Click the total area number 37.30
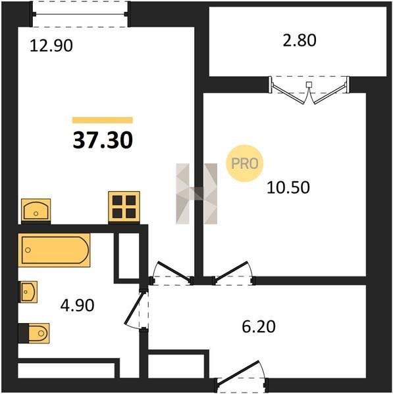point(103,141)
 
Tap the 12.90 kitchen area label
point(51,46)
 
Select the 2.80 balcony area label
point(300,41)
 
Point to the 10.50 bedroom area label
point(288,187)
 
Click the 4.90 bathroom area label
point(77,305)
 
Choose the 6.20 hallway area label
point(259,326)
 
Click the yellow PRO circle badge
point(245,164)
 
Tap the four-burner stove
point(124,207)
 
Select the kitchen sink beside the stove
point(36,211)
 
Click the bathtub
point(54,250)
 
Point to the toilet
point(34,333)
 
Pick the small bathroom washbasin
point(28,292)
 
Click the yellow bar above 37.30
point(103,120)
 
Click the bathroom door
point(138,309)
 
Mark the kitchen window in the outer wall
point(80,14)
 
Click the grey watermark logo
point(196,194)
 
